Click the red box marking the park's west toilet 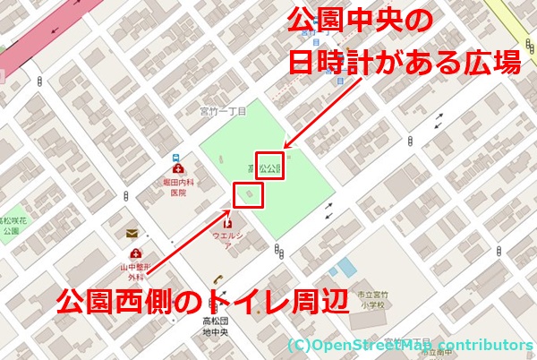click(248, 194)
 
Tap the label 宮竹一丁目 click(222, 112)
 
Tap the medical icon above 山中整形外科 click(136, 254)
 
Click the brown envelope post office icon click(132, 234)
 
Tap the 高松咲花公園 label click(11, 225)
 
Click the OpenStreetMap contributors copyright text click(411, 345)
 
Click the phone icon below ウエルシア click(217, 279)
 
